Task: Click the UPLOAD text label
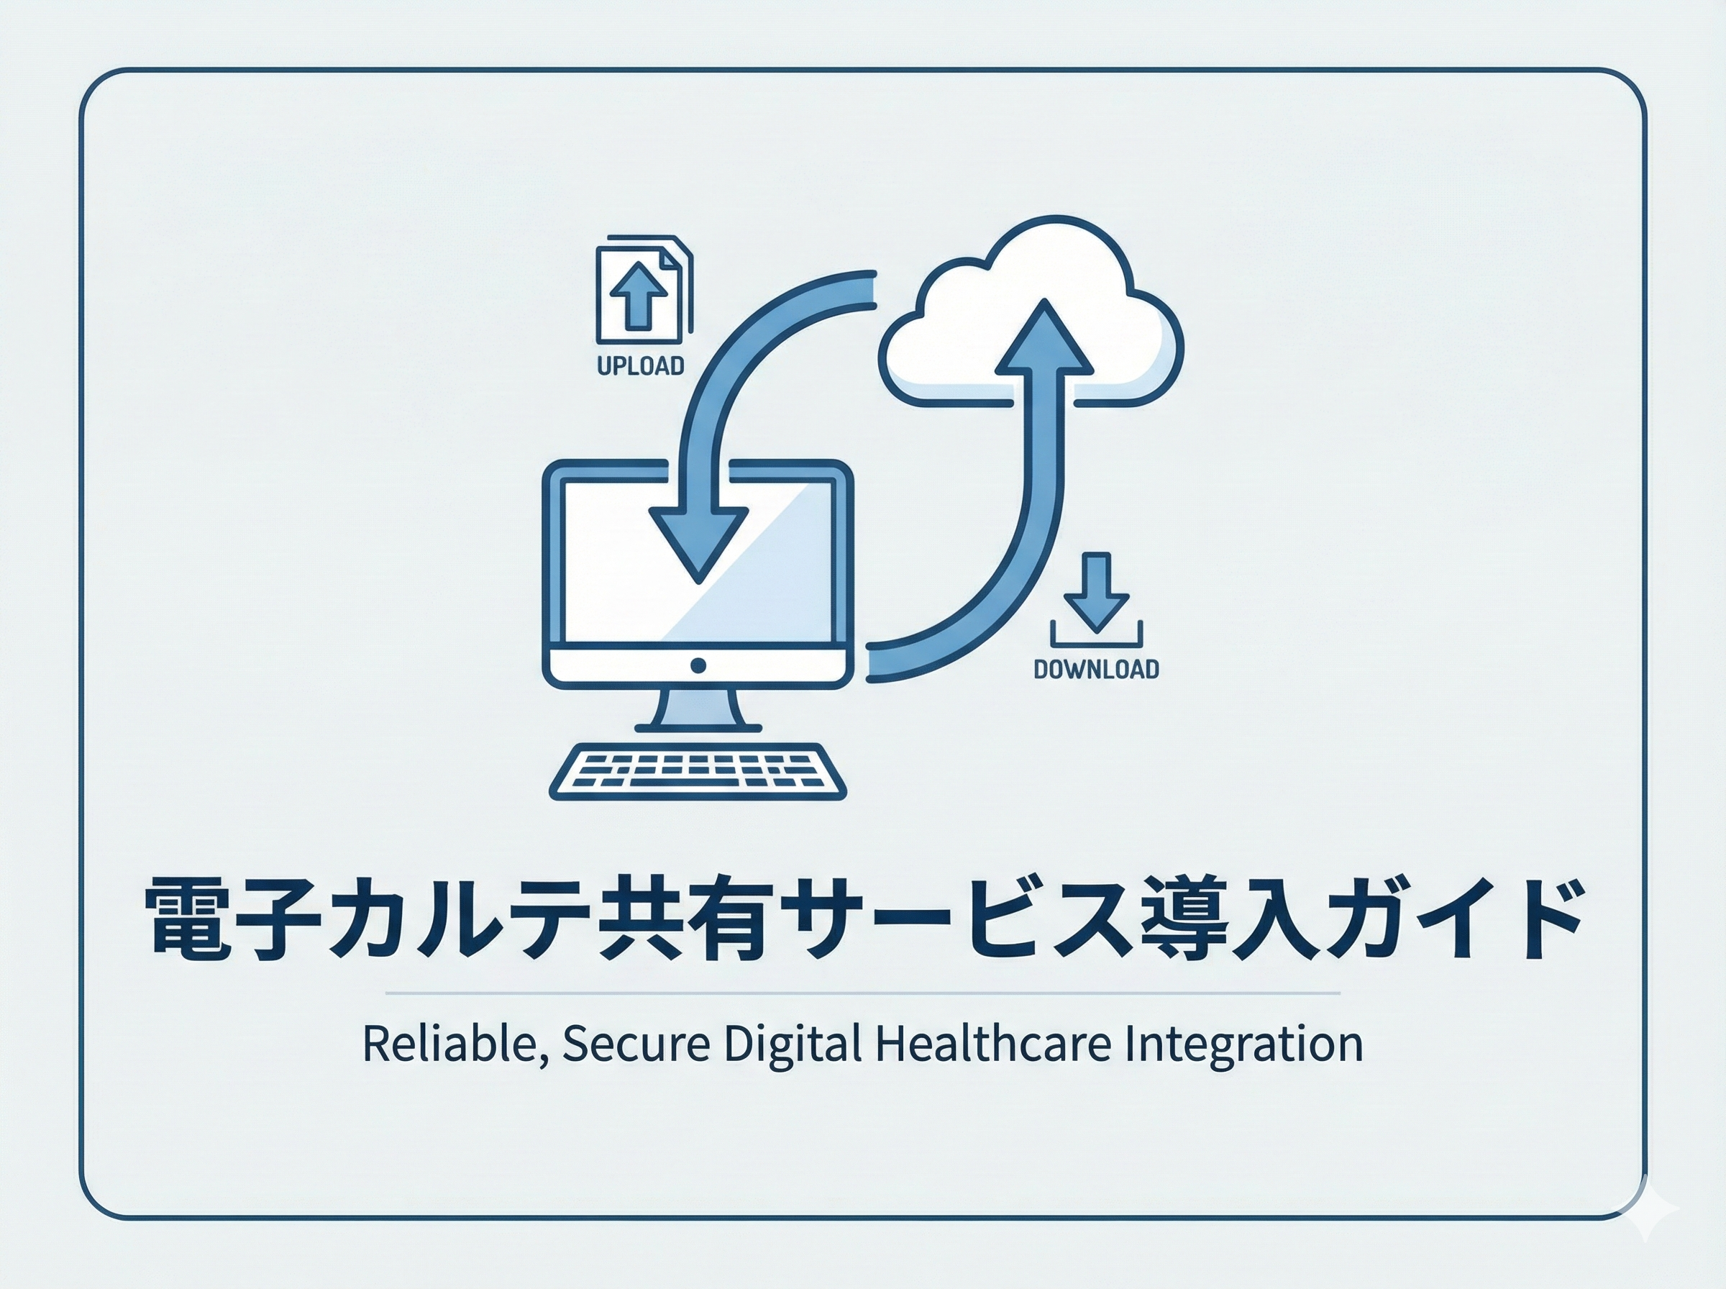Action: [x=640, y=366]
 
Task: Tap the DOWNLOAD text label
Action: [x=1096, y=670]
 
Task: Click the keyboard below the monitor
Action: [x=698, y=771]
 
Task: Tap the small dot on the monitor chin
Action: [x=698, y=665]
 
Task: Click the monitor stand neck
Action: [x=698, y=706]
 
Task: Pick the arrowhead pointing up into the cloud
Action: [x=1044, y=337]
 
